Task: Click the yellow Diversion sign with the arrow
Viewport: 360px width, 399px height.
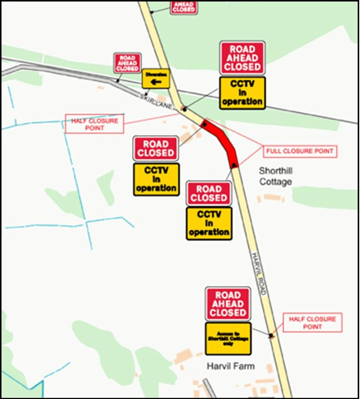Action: [x=156, y=78]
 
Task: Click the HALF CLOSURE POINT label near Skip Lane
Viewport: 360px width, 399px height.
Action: [x=94, y=124]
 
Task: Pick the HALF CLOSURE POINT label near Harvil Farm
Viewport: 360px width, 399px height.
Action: [x=312, y=323]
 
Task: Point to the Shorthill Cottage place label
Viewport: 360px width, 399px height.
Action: [x=275, y=176]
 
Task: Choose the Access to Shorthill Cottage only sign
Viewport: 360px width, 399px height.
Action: [x=228, y=338]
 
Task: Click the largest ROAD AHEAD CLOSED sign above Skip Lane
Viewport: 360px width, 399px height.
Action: [x=242, y=58]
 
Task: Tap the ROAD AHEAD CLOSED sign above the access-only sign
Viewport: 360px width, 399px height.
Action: [x=228, y=304]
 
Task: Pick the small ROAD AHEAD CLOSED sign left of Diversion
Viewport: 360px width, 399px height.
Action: [x=127, y=63]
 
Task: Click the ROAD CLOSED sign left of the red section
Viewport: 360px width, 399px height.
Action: [x=156, y=148]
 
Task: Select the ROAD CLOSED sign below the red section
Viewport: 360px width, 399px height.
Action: [x=209, y=194]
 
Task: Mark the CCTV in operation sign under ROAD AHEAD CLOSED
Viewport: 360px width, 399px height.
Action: [x=242, y=93]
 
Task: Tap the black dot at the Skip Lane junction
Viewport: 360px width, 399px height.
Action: [x=184, y=108]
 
